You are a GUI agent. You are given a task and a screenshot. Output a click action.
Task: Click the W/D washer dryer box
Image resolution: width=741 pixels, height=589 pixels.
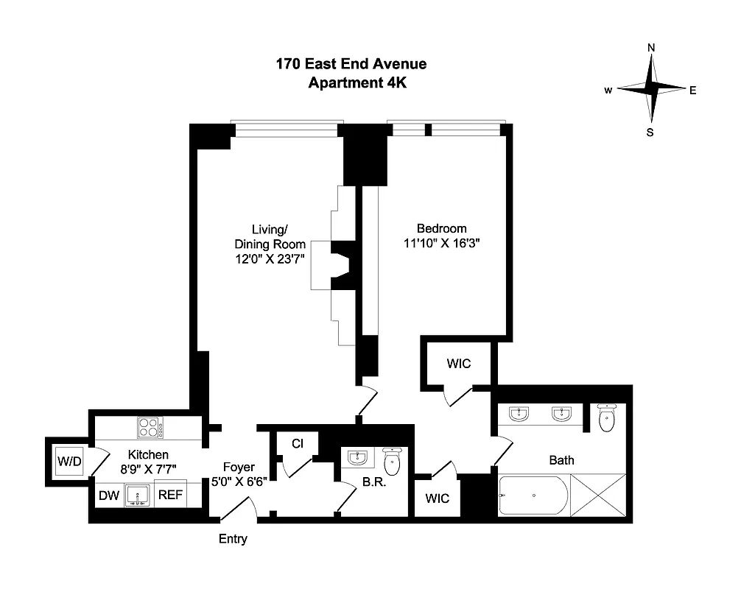[69, 463]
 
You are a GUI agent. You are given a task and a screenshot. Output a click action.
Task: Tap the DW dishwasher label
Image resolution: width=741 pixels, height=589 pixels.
[108, 496]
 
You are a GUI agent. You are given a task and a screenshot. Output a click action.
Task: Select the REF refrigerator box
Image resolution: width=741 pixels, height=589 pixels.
[170, 496]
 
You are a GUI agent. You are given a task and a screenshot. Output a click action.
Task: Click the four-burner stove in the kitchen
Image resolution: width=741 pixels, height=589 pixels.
[150, 426]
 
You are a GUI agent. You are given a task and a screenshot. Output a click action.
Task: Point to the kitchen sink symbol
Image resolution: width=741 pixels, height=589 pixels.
[138, 495]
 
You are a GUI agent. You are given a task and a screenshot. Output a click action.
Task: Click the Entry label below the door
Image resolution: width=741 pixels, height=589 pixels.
[233, 539]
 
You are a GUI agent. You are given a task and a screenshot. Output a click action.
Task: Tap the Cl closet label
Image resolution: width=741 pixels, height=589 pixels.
[298, 443]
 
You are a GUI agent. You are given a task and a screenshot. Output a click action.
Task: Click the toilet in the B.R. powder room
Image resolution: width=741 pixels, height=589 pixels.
[393, 462]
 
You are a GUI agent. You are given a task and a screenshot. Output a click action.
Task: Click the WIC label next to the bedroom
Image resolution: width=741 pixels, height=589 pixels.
[458, 364]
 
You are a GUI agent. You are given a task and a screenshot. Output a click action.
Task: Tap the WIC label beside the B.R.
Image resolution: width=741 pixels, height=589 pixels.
[438, 498]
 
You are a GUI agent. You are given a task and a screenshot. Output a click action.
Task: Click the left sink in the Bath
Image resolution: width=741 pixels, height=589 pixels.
[521, 415]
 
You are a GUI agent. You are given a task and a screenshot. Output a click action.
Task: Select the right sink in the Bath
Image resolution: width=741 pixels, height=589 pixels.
[563, 415]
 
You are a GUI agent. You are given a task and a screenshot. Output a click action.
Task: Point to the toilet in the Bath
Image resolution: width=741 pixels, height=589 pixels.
[607, 420]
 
